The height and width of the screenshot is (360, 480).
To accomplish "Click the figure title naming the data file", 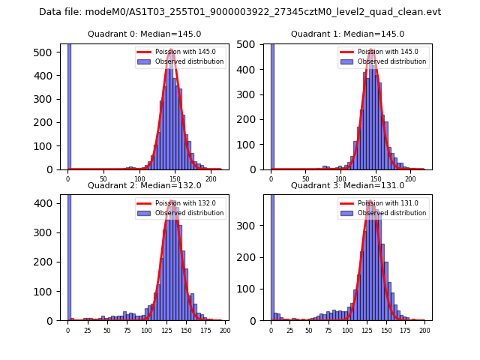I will point(240,12).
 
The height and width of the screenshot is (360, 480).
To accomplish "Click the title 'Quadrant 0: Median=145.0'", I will point(142,34).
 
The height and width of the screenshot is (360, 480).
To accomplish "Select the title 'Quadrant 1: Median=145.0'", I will point(347,34).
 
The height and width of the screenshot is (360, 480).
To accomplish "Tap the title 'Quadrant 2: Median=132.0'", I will point(142,185).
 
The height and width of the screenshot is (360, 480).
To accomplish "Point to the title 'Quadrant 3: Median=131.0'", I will point(347,185).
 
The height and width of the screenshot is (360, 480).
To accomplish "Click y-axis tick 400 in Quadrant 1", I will point(251,70).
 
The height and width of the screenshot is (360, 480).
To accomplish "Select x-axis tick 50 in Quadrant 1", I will point(305,179).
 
